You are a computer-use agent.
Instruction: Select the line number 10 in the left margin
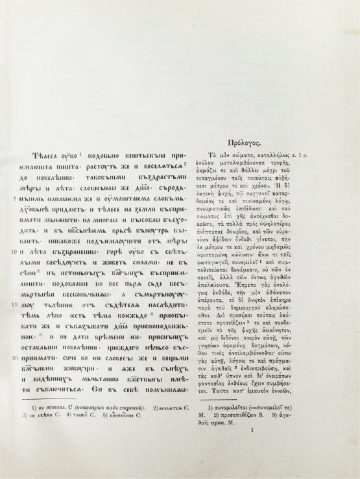click(14, 249)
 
